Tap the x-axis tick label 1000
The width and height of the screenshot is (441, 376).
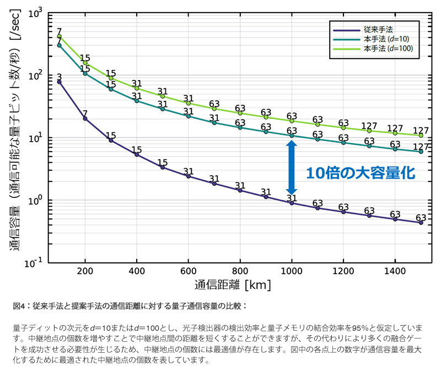click(292, 272)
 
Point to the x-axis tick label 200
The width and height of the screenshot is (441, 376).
click(85, 272)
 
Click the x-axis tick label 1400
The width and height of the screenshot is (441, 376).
click(395, 272)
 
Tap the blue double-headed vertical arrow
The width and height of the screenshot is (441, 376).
click(292, 166)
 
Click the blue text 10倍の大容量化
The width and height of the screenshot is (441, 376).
click(359, 173)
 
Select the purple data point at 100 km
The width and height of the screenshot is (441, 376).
click(59, 82)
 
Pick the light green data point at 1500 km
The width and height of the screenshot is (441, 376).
click(421, 135)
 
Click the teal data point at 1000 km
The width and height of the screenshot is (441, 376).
click(292, 136)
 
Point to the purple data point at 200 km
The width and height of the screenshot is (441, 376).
click(85, 119)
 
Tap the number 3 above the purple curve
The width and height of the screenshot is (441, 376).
click(59, 77)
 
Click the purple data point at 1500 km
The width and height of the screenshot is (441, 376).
click(421, 222)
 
